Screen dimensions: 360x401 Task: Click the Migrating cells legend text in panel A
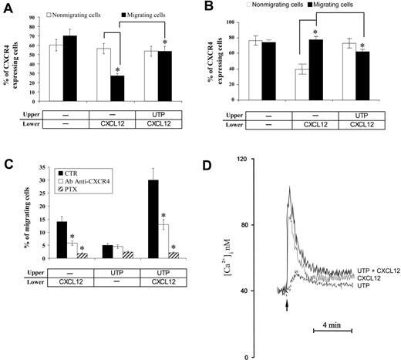[141, 14]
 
